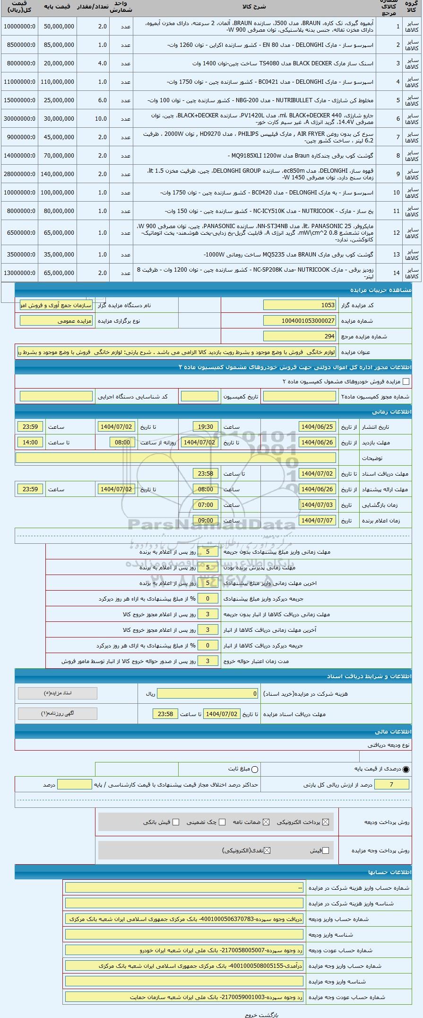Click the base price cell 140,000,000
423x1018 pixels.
click(x=58, y=174)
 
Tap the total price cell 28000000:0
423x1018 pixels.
click(x=19, y=174)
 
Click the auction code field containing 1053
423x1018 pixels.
click(x=300, y=305)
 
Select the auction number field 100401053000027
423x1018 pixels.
click(x=300, y=321)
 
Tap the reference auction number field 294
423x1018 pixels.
click(x=300, y=336)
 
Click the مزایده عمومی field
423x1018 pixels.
click(x=56, y=321)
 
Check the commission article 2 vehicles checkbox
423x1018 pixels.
click(x=406, y=381)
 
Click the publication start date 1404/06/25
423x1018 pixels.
click(x=318, y=427)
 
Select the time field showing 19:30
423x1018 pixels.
click(x=206, y=427)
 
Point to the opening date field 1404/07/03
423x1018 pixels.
click(x=318, y=505)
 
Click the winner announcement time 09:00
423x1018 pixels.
click(x=206, y=521)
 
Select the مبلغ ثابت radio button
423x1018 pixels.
click(x=255, y=770)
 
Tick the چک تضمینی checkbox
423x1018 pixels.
click(x=222, y=822)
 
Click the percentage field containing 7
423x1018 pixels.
click(x=391, y=785)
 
